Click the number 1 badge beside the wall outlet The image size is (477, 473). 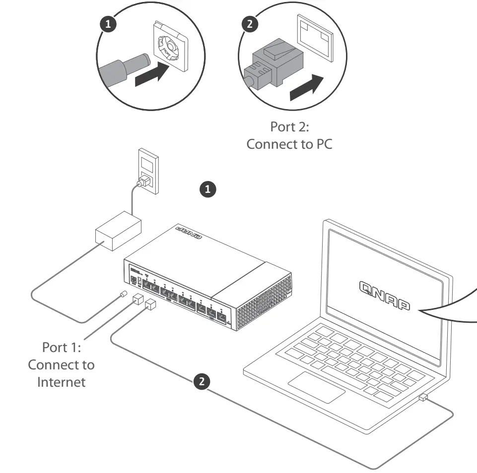[207, 189]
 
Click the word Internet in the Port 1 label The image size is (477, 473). [61, 382]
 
